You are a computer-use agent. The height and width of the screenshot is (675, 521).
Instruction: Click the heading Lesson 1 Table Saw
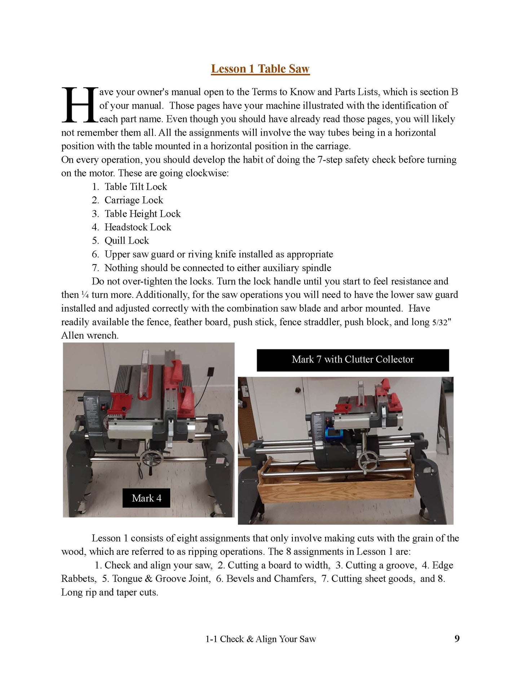click(260, 69)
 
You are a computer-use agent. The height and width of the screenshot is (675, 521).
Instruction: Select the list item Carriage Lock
click(133, 200)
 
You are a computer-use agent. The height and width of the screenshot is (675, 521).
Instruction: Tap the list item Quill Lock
click(127, 240)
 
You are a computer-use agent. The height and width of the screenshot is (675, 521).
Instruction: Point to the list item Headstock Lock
click(138, 227)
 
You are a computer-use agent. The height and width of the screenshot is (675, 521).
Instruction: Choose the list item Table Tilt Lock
click(136, 187)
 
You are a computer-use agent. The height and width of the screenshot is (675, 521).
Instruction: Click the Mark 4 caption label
click(146, 498)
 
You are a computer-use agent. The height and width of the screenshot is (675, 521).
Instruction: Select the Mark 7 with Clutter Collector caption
click(353, 360)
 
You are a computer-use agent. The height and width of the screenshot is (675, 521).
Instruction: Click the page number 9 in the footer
click(457, 639)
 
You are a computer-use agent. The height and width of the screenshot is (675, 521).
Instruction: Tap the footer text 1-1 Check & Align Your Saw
click(260, 639)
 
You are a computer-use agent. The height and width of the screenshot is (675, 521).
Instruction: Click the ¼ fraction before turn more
click(85, 295)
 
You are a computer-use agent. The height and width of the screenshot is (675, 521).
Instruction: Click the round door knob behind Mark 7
click(298, 390)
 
